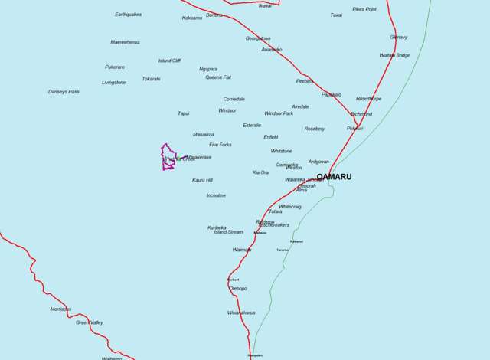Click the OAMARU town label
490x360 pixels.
(x=334, y=177)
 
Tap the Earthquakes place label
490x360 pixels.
(x=128, y=15)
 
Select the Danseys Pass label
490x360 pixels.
(x=64, y=92)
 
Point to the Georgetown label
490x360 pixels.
(x=258, y=38)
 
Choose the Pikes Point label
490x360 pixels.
(x=364, y=9)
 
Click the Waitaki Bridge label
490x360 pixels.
(x=394, y=55)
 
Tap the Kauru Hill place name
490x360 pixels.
(x=202, y=180)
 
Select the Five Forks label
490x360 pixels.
(x=220, y=144)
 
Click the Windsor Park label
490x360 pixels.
(x=279, y=113)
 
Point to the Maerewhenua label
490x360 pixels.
(x=125, y=42)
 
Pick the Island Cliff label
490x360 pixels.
(x=169, y=61)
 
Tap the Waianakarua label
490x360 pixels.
(x=241, y=313)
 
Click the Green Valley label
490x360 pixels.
(x=90, y=322)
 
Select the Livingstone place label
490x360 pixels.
(x=113, y=82)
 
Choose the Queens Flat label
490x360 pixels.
(x=217, y=77)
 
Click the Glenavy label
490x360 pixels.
(x=398, y=37)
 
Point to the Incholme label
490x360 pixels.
(x=216, y=195)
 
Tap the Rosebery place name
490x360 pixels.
(x=315, y=129)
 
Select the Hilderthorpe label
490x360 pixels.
(x=368, y=99)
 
